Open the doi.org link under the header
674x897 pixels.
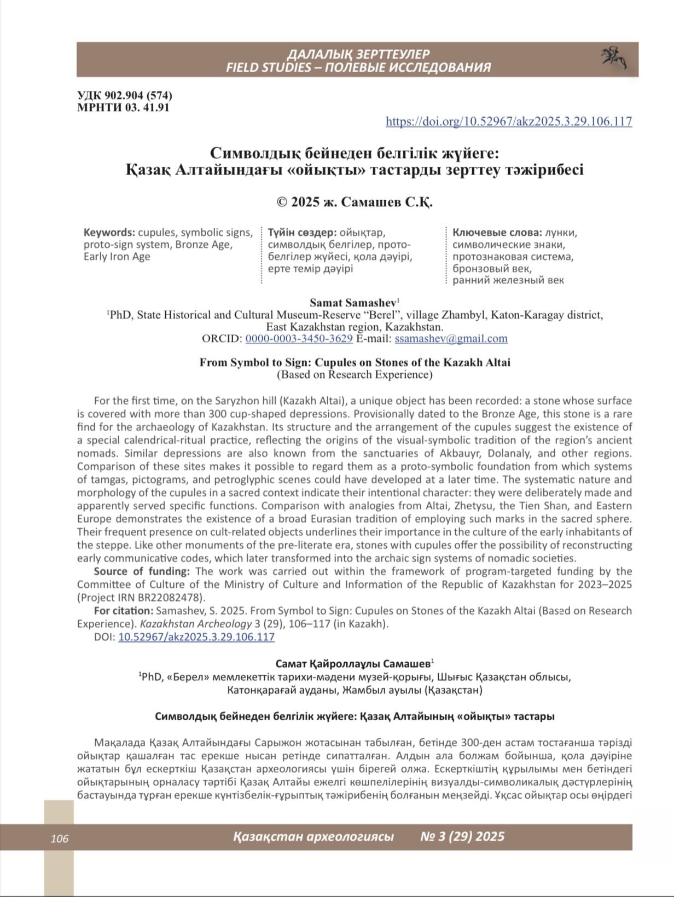pyautogui.click(x=509, y=121)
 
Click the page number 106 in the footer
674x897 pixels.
pyautogui.click(x=60, y=838)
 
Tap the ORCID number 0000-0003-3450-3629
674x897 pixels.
pyautogui.click(x=299, y=339)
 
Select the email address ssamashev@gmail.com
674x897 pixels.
pyautogui.click(x=451, y=339)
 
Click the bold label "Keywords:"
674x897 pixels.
pyautogui.click(x=109, y=233)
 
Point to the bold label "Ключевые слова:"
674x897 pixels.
pyautogui.click(x=497, y=233)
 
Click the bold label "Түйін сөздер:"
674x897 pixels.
pyautogui.click(x=302, y=233)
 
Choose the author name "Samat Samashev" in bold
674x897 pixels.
pyautogui.click(x=353, y=303)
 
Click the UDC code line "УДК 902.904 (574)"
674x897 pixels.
pyautogui.click(x=125, y=96)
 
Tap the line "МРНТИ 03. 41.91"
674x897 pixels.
pyautogui.click(x=123, y=107)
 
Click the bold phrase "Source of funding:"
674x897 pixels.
pyautogui.click(x=142, y=571)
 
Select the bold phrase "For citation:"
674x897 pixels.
pyautogui.click(x=124, y=611)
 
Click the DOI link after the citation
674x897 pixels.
pyautogui.click(x=196, y=637)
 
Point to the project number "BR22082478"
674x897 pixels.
pyautogui.click(x=172, y=598)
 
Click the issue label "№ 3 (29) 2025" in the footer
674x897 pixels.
pyautogui.click(x=462, y=837)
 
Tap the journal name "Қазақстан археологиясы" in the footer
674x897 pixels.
pyautogui.click(x=313, y=837)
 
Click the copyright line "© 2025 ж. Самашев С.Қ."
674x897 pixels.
pyautogui.click(x=355, y=202)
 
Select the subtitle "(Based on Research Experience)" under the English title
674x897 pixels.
pyautogui.click(x=355, y=375)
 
